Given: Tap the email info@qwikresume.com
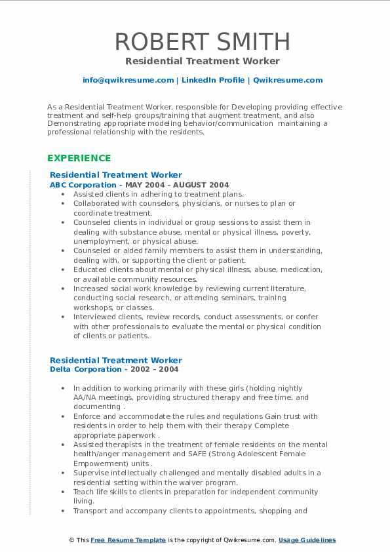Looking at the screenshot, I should pyautogui.click(x=128, y=80).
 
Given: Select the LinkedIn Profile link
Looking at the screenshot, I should pyautogui.click(x=212, y=80).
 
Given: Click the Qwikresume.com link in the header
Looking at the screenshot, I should pyautogui.click(x=288, y=80).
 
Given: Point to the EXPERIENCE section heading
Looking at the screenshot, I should pyautogui.click(x=79, y=158).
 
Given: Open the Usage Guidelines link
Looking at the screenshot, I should pyautogui.click(x=307, y=540).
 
